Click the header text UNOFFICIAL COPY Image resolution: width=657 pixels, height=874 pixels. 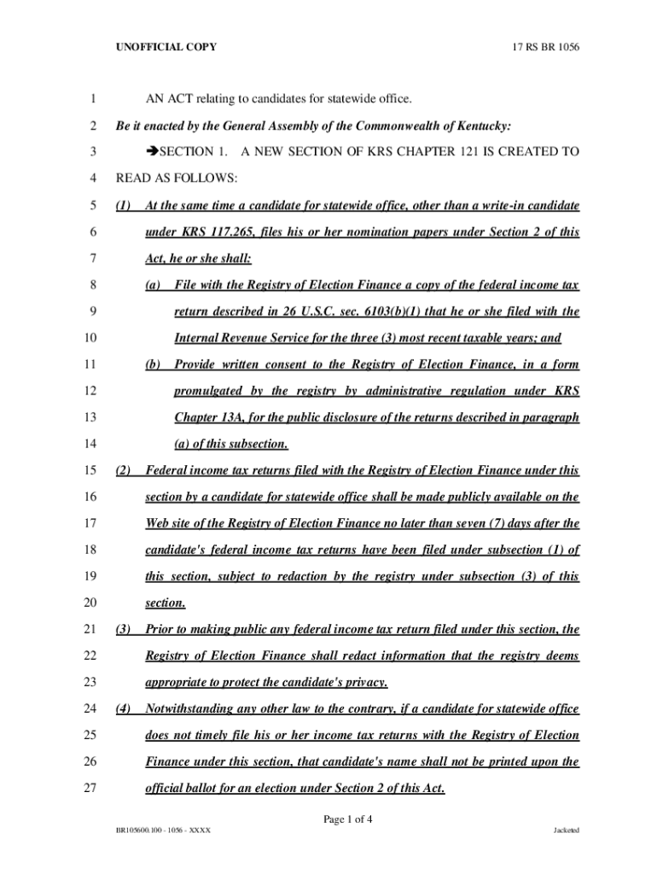(166, 46)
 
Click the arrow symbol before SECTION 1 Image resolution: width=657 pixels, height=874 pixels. (153, 152)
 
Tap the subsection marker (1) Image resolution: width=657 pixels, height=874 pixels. (122, 206)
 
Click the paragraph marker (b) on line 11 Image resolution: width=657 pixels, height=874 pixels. (154, 364)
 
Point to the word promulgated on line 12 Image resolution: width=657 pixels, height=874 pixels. (209, 391)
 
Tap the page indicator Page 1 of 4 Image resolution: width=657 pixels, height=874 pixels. (347, 819)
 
